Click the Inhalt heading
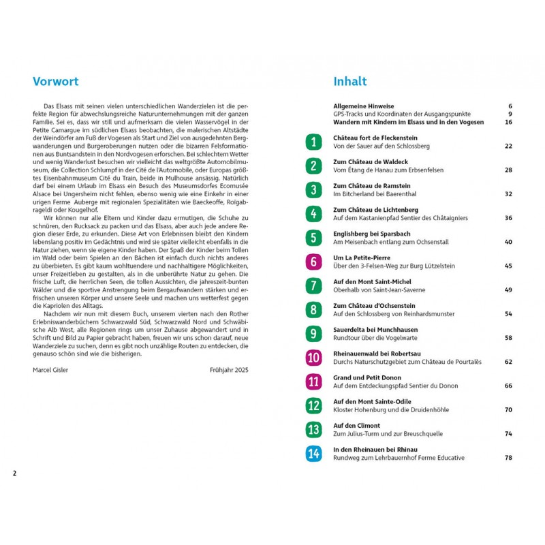click(x=350, y=82)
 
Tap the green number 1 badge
click(x=313, y=142)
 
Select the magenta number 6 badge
click(x=313, y=262)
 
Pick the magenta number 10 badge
click(x=313, y=358)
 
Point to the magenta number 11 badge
click(x=313, y=381)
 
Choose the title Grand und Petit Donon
click(x=367, y=377)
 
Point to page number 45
click(x=508, y=266)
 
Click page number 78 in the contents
click(x=508, y=458)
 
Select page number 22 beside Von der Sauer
click(x=508, y=146)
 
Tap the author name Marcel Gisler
click(x=52, y=370)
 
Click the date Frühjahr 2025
click(x=230, y=370)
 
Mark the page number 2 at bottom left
click(x=14, y=473)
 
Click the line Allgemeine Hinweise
click(x=364, y=106)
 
